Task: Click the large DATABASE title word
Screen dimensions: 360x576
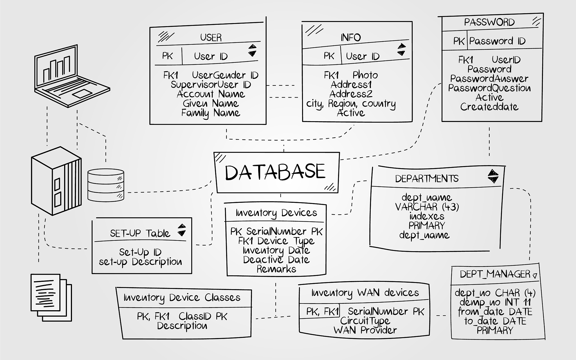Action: (x=275, y=172)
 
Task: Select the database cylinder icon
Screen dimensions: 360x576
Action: (x=105, y=185)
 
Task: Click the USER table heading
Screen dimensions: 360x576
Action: (x=211, y=37)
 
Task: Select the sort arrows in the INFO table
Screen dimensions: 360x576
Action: (x=402, y=49)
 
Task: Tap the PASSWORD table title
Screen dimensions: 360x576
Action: (x=489, y=22)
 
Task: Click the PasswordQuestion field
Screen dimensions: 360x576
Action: (x=489, y=88)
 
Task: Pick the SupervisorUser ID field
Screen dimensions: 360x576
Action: (x=211, y=85)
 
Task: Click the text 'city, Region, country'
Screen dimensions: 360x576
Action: (x=351, y=104)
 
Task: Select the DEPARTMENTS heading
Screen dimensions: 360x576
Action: (x=427, y=179)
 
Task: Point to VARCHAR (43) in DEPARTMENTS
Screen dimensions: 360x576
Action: (x=427, y=207)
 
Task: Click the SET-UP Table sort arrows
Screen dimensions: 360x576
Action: (x=182, y=230)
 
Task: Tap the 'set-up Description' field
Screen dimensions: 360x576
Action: (x=140, y=262)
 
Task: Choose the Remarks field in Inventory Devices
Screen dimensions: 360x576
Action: (x=276, y=269)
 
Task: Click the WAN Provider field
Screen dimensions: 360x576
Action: (x=365, y=330)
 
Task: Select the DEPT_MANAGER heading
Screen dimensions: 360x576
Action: (x=495, y=274)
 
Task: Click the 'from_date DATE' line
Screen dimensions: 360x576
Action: (x=495, y=312)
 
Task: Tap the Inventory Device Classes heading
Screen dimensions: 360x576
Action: (x=182, y=298)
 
